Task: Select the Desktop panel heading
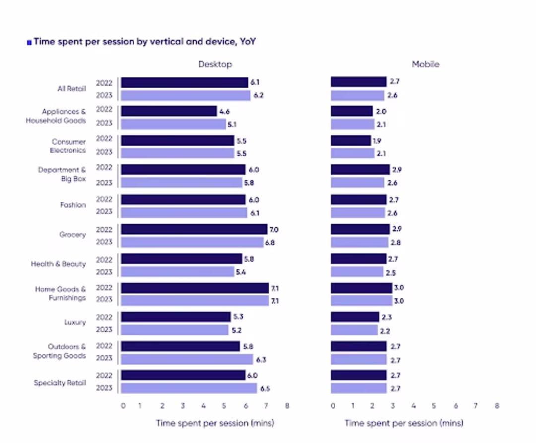coord(215,64)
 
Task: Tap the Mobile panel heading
coord(425,64)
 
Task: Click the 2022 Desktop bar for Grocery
coord(194,229)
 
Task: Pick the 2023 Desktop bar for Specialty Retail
coord(189,388)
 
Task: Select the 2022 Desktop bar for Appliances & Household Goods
coord(169,111)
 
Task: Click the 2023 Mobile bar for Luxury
coord(354,330)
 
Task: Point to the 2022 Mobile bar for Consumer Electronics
coord(350,141)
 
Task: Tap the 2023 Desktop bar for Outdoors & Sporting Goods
coord(187,359)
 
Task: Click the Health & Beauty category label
coord(58,264)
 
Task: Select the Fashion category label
coord(72,205)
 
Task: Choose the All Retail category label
coord(71,89)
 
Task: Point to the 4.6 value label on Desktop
coord(224,112)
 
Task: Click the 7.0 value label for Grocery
coord(274,230)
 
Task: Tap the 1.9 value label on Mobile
coord(377,141)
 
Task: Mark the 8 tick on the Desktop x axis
coord(287,406)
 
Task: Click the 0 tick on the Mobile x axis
coord(333,406)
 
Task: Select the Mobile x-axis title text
coord(403,423)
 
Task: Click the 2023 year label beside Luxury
coord(104,330)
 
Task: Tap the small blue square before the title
coord(29,43)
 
